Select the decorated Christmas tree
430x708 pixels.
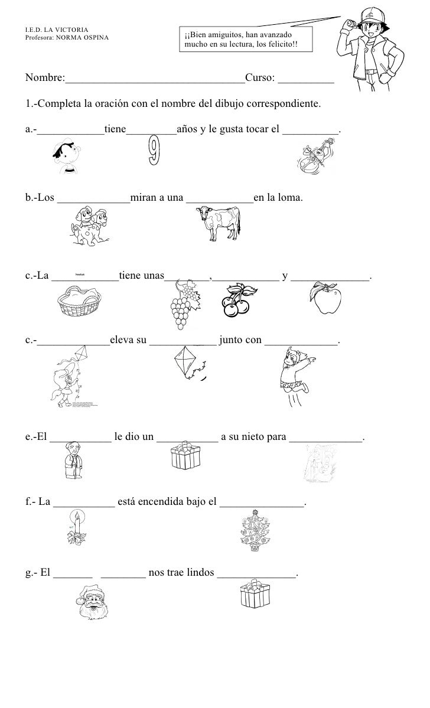click(x=253, y=530)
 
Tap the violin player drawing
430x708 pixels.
click(x=312, y=158)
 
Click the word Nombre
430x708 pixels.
click(x=44, y=79)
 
